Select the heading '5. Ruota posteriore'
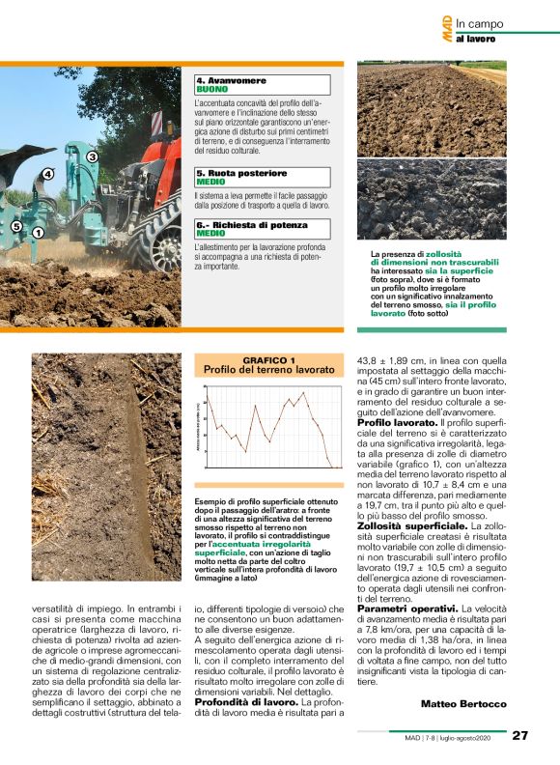click(236, 172)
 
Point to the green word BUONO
click(211, 89)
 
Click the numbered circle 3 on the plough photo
click(93, 156)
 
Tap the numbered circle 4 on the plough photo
click(47, 174)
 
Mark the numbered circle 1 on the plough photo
click(38, 232)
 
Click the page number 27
click(520, 735)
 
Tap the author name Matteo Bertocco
click(463, 703)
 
